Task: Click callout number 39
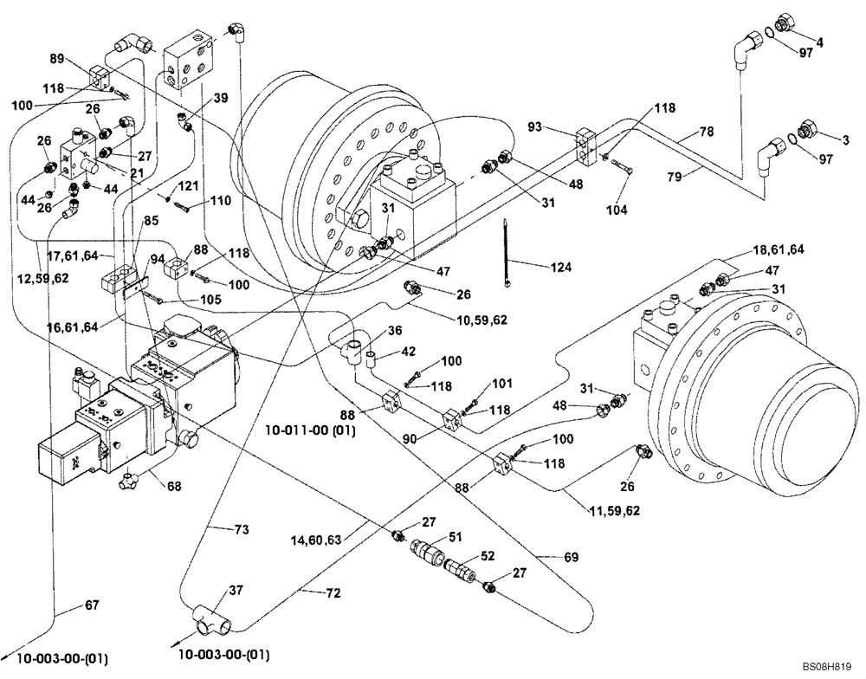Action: tap(220, 99)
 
